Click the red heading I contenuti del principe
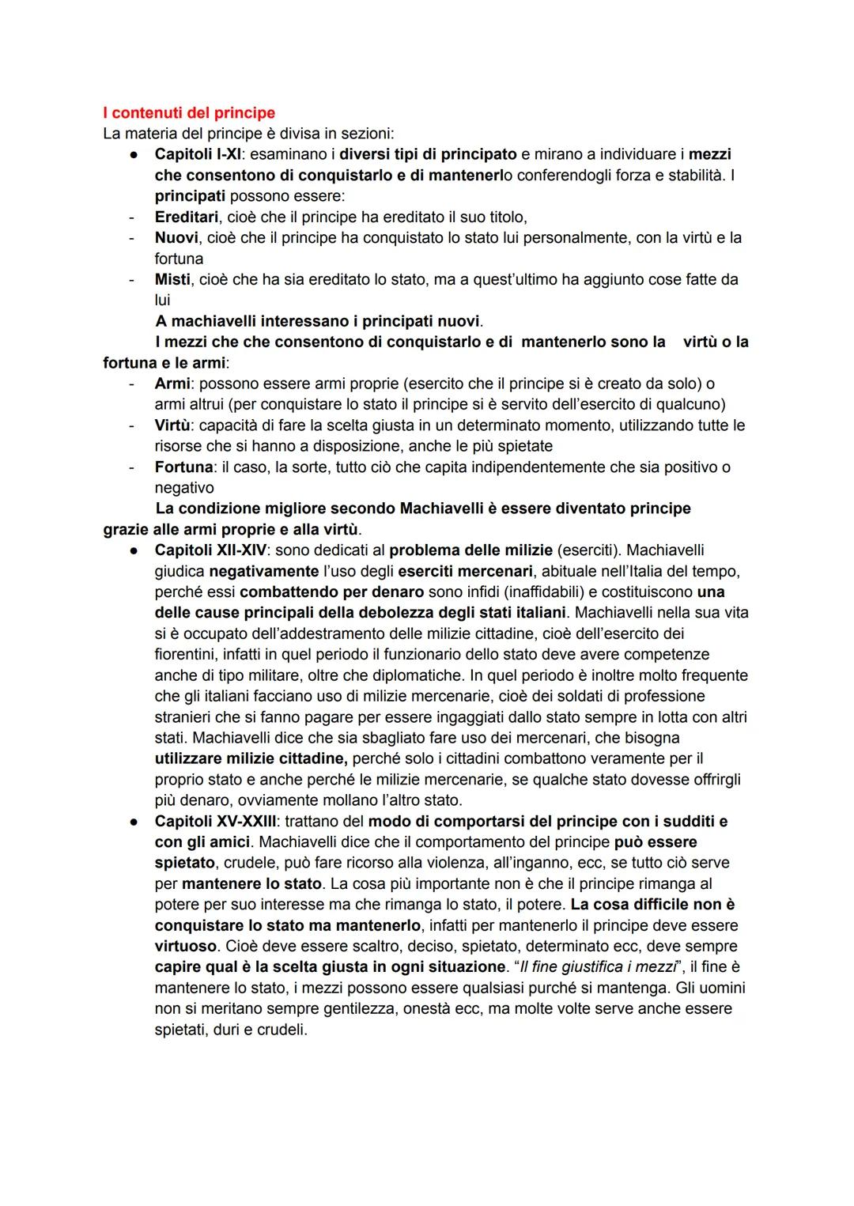[189, 113]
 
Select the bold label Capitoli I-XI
[197, 154]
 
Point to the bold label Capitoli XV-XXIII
[216, 821]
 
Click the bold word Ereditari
[186, 217]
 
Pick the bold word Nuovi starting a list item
[176, 237]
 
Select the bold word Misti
[172, 279]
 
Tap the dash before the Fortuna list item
[132, 467]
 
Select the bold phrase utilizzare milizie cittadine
[251, 758]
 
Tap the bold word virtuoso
[186, 946]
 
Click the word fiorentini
[187, 654]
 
